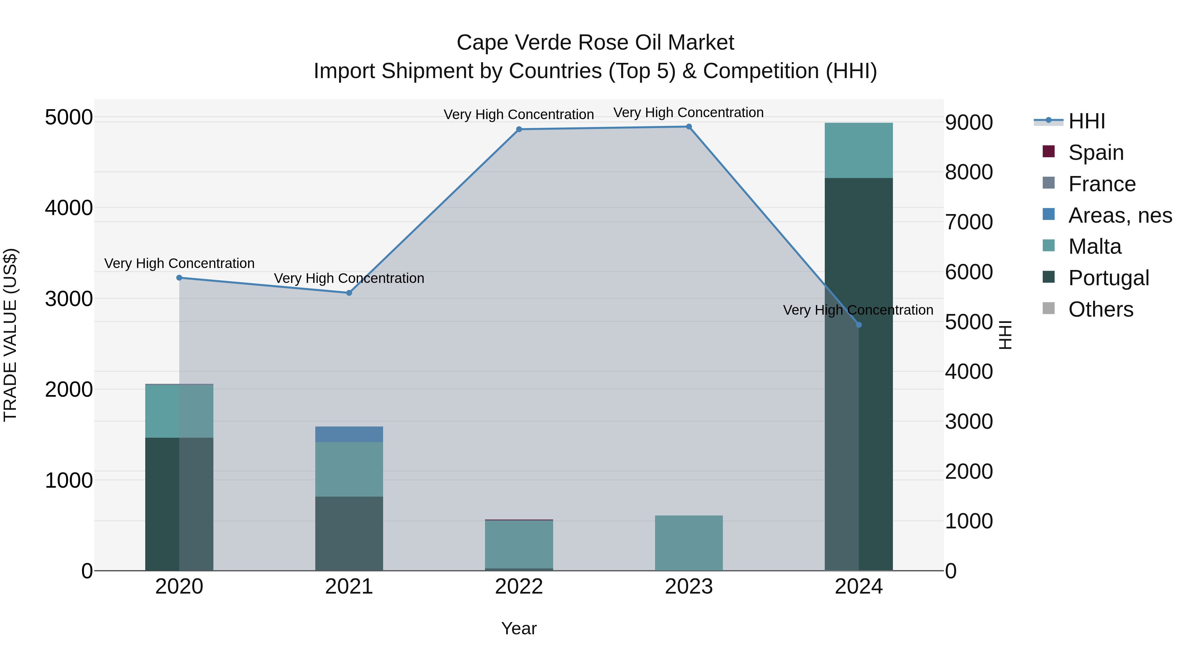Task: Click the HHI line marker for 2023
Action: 688,127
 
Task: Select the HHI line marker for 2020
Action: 179,278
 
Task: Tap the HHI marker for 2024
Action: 859,325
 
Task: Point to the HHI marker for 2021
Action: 349,293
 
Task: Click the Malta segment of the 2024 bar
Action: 859,150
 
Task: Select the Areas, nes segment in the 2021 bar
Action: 349,434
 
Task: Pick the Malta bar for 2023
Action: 688,543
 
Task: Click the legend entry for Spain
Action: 1095,153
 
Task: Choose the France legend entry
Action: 1101,184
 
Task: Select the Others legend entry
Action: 1100,309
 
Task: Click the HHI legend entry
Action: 1086,121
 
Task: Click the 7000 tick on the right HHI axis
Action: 968,222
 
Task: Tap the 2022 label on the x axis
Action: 519,586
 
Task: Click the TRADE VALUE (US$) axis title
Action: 10,335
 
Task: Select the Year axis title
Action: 519,628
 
